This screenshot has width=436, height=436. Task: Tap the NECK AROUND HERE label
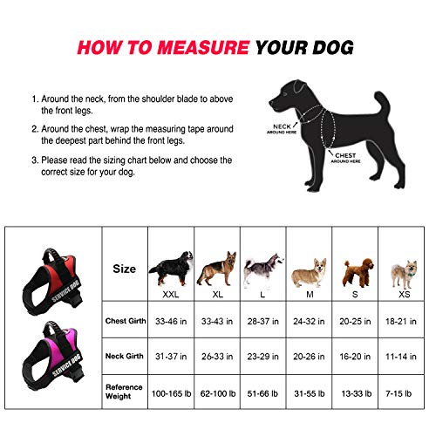(275, 129)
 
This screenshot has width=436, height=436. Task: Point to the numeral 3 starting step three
(34, 160)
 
